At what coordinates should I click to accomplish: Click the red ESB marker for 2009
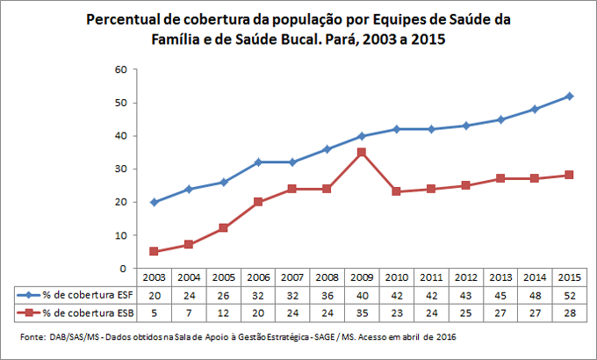pos(361,152)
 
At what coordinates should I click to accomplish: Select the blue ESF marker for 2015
pos(569,96)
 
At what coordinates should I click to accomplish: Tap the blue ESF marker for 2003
pos(154,202)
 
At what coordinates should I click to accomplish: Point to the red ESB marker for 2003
pos(154,251)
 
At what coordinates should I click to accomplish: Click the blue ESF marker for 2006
pos(257,162)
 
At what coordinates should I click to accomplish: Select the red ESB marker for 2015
pos(569,175)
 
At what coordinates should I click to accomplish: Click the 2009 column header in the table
pos(361,278)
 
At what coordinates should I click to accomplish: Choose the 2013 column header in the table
pos(500,278)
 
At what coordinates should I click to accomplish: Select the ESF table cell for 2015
pos(569,295)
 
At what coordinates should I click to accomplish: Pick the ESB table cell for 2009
pos(361,312)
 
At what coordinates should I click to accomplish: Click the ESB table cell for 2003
pos(154,312)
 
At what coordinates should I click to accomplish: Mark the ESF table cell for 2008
pos(327,295)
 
